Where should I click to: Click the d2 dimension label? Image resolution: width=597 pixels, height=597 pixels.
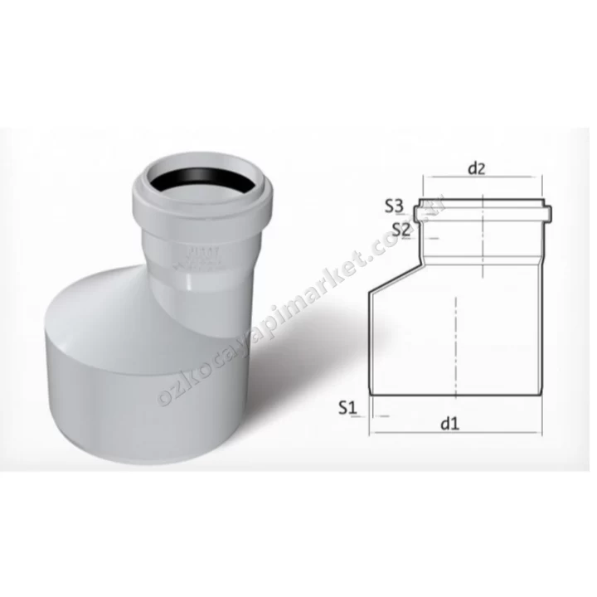(475, 169)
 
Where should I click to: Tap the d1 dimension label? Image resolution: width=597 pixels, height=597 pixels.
(450, 424)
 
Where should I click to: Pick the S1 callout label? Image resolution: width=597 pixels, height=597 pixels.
(347, 407)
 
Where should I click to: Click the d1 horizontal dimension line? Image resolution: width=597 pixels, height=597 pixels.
(456, 433)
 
